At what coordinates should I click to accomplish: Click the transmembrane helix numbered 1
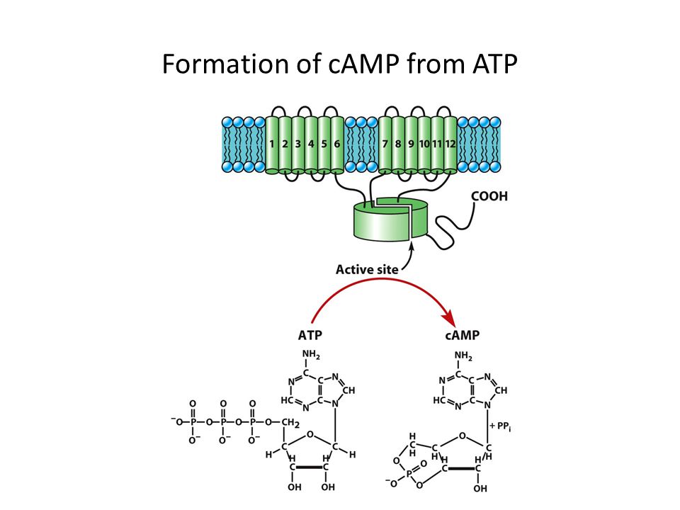pyautogui.click(x=272, y=144)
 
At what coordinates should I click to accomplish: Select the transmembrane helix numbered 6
pyautogui.click(x=337, y=144)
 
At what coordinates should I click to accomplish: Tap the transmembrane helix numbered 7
pyautogui.click(x=385, y=144)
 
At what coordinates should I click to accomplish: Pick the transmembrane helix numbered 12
pyautogui.click(x=450, y=144)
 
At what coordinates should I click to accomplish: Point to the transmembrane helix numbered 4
pyautogui.click(x=311, y=144)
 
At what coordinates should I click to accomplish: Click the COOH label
pyautogui.click(x=489, y=196)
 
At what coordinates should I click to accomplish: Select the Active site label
pyautogui.click(x=367, y=270)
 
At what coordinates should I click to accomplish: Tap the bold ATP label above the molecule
pyautogui.click(x=310, y=335)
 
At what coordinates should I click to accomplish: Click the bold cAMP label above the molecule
pyautogui.click(x=463, y=335)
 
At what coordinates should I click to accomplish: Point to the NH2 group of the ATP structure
pyautogui.click(x=311, y=355)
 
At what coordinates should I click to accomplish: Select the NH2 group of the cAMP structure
pyautogui.click(x=463, y=356)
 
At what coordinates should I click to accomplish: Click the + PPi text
pyautogui.click(x=501, y=426)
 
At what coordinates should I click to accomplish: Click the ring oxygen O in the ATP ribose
pyautogui.click(x=310, y=434)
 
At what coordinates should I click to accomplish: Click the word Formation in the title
pyautogui.click(x=225, y=64)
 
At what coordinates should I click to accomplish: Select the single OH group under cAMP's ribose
pyautogui.click(x=480, y=489)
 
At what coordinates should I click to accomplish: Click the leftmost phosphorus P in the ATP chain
pyautogui.click(x=193, y=421)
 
